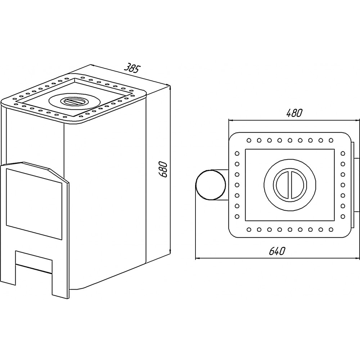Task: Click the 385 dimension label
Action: click(132, 68)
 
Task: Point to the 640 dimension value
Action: click(277, 251)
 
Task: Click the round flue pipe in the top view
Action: click(211, 185)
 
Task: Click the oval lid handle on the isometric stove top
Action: click(74, 101)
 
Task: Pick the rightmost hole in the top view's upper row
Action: click(331, 140)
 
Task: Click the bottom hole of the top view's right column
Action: click(343, 216)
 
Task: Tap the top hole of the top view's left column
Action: click(237, 153)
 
